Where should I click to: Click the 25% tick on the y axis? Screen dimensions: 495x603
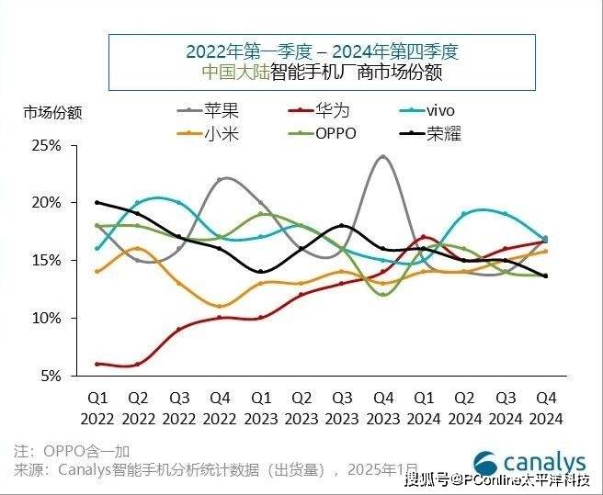47,145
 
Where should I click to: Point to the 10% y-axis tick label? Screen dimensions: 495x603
47,318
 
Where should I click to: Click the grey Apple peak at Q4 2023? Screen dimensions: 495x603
382,157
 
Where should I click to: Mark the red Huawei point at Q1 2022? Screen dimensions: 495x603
97,364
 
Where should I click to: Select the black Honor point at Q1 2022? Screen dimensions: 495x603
97,202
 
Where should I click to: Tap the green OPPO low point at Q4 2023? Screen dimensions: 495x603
382,294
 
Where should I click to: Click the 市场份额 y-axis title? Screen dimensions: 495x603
52,114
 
